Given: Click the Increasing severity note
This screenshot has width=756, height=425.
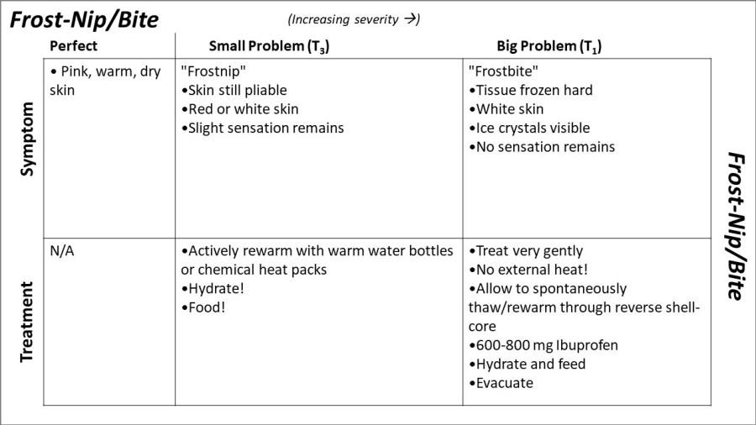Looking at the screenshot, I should [354, 19].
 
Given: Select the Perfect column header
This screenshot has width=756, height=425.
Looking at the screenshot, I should [74, 46].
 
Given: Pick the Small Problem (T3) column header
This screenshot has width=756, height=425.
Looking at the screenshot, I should [269, 47].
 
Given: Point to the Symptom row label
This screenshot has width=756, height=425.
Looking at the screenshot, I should [27, 139].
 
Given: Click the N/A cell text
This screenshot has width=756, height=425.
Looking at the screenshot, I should [62, 251].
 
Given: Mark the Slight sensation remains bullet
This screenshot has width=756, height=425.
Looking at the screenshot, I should [263, 128].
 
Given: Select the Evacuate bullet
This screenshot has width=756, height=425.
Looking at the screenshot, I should [501, 383].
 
